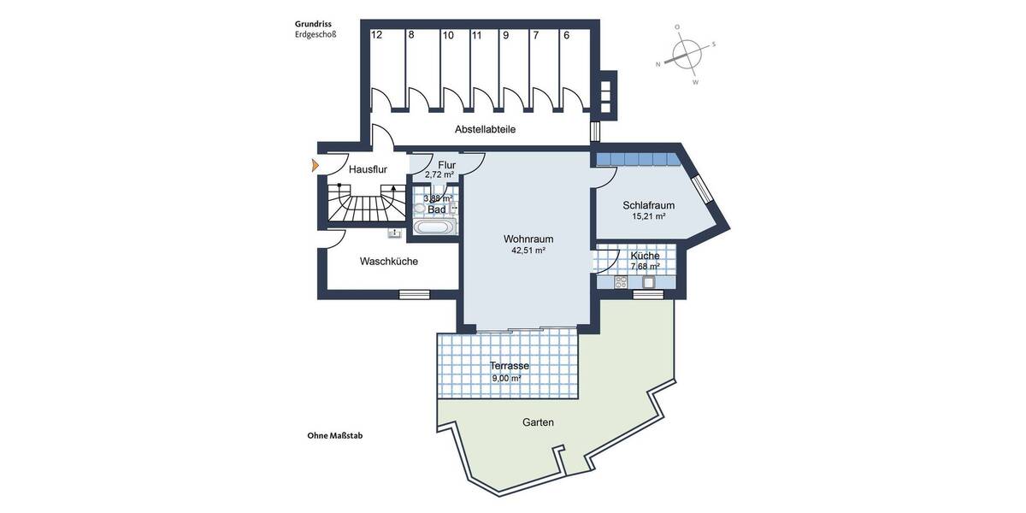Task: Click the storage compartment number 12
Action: pos(376,35)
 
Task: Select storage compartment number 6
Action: pos(566,35)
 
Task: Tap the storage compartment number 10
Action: pos(448,35)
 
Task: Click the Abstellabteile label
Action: pos(485,129)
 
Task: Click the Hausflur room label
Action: pos(369,170)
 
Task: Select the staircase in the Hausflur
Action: pos(366,205)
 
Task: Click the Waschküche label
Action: pos(389,262)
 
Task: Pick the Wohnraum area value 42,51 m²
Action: pos(528,251)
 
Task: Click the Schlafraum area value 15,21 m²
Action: pos(648,217)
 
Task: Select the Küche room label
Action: pos(645,256)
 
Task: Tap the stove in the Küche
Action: pos(621,282)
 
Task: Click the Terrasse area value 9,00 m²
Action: pos(506,378)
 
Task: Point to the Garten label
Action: pos(538,422)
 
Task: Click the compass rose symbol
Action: pos(687,56)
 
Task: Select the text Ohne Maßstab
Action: pos(335,435)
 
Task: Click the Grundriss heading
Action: pos(313,25)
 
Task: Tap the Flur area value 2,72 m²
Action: pos(439,174)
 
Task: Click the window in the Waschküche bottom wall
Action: pos(415,295)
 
